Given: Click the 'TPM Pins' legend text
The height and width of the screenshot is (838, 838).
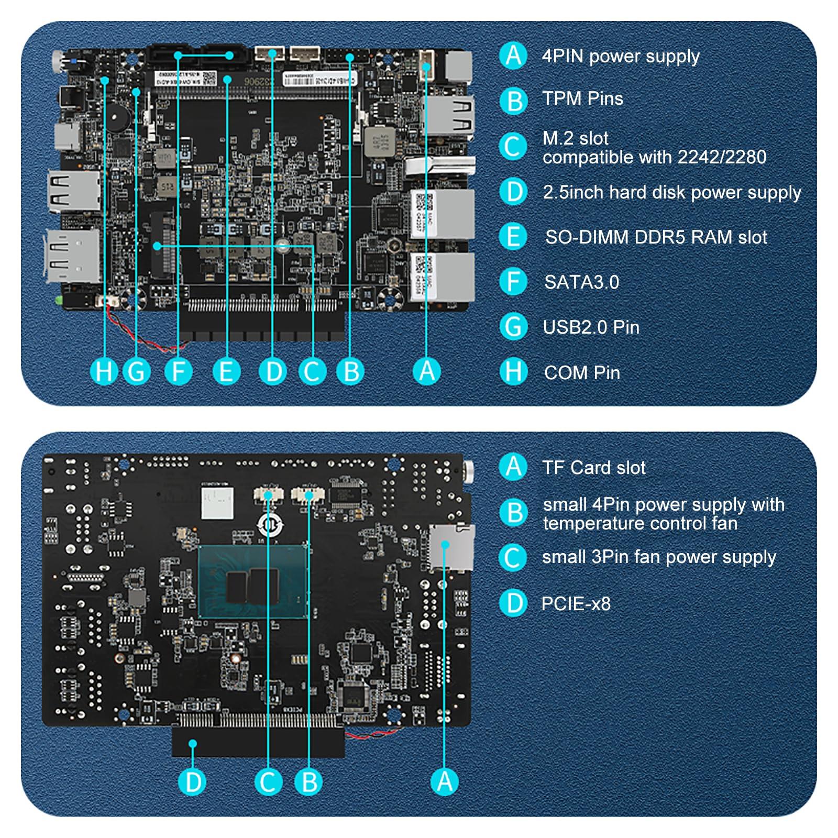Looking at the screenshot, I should pyautogui.click(x=582, y=98).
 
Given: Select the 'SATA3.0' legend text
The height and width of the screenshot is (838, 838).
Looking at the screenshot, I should pyautogui.click(x=581, y=282).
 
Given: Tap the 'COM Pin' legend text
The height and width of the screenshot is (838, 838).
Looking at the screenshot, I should pyautogui.click(x=582, y=373).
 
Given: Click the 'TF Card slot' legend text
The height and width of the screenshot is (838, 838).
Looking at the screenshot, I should pyautogui.click(x=593, y=468).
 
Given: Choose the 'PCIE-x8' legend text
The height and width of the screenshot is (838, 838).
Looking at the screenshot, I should pyautogui.click(x=576, y=604).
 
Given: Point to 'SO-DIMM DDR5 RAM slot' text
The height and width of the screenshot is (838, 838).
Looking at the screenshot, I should pyautogui.click(x=656, y=237).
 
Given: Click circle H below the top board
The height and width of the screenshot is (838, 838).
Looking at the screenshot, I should pyautogui.click(x=104, y=372).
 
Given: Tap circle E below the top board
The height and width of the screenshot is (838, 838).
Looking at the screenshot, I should pyautogui.click(x=226, y=372).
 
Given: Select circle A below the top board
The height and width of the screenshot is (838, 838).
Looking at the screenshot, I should pyautogui.click(x=427, y=372).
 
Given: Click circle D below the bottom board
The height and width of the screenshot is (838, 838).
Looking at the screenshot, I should pyautogui.click(x=193, y=782).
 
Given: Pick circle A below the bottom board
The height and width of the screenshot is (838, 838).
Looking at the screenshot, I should pyautogui.click(x=444, y=782).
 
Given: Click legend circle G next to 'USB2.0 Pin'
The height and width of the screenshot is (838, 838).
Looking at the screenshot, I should pyautogui.click(x=513, y=327).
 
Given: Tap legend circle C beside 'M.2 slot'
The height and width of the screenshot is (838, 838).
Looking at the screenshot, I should pyautogui.click(x=513, y=147).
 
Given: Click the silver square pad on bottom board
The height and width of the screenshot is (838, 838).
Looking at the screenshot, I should pyautogui.click(x=216, y=502).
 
